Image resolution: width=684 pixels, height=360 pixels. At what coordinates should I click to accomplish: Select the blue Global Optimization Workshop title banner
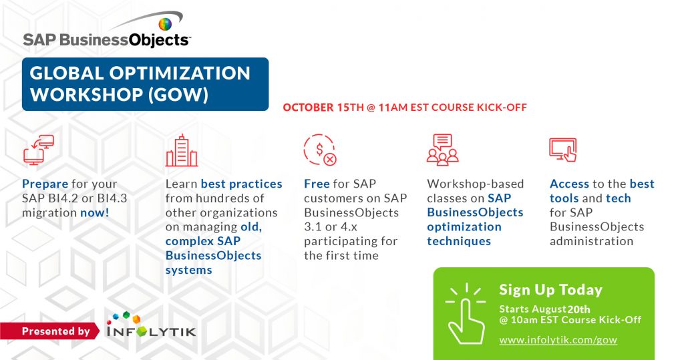click(x=145, y=83)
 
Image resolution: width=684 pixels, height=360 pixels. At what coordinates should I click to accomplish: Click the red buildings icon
click(x=182, y=150)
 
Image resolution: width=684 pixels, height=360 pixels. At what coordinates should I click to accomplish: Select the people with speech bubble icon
click(x=442, y=149)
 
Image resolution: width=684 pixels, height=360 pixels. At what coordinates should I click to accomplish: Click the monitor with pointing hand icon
click(x=562, y=150)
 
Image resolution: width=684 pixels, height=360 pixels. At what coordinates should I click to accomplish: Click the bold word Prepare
click(x=45, y=184)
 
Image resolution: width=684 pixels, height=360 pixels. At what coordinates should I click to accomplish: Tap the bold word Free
click(x=317, y=184)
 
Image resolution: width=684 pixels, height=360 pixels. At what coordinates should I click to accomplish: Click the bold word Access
click(x=569, y=184)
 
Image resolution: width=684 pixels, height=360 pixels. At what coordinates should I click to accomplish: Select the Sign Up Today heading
click(x=550, y=290)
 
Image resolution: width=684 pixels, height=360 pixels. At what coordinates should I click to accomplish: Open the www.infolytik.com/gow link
click(x=558, y=340)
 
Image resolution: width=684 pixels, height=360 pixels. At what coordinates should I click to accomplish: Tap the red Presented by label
click(x=55, y=331)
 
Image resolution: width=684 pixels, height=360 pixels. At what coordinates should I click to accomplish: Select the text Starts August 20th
click(x=545, y=309)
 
